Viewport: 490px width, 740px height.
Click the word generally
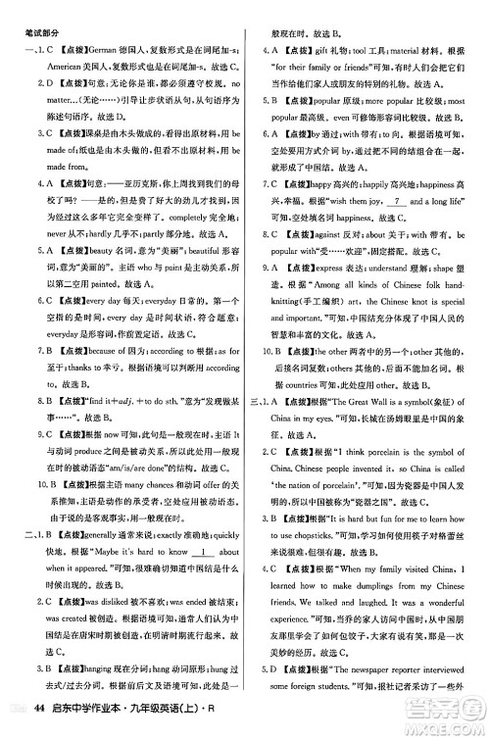[x=98, y=533]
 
